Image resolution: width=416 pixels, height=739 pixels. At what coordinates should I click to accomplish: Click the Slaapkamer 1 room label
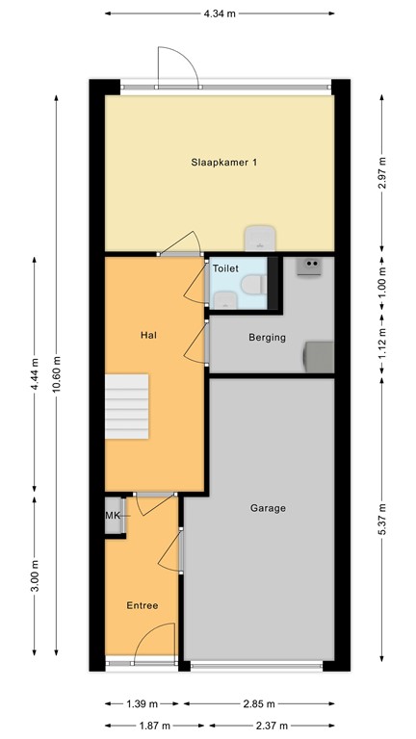click(223, 163)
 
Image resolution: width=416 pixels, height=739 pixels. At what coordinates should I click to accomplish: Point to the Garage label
click(268, 508)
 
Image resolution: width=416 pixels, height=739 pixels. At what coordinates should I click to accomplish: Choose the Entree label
click(143, 605)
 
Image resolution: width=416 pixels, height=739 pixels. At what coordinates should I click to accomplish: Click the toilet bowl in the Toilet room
click(253, 287)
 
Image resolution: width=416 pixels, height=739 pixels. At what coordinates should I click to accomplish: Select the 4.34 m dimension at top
click(220, 13)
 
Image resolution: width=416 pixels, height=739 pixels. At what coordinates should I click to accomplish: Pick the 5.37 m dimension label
click(382, 521)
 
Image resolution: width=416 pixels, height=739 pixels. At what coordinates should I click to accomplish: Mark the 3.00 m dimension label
click(35, 584)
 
